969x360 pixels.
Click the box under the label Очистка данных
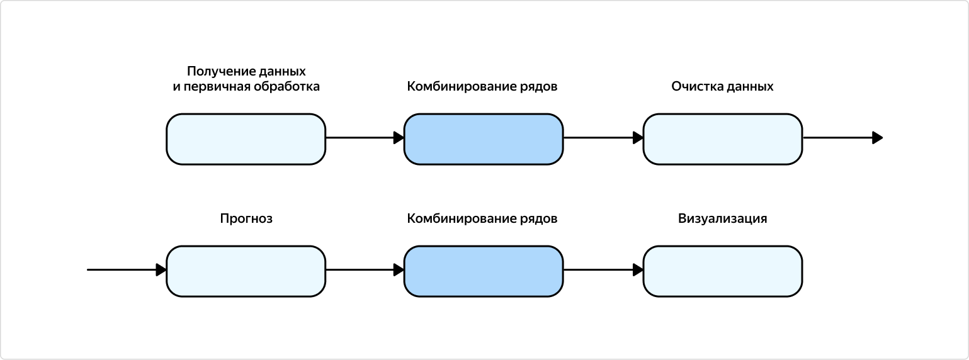722,139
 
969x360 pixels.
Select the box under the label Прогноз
246,271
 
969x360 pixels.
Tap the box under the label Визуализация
722,271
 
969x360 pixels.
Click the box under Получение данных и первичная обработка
246,139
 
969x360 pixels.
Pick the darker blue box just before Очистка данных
483,139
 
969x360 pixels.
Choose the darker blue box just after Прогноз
483,271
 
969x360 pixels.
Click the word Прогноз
246,219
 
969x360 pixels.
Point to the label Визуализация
722,219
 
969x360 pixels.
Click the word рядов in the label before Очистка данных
539,87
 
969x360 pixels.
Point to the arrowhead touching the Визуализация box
638,270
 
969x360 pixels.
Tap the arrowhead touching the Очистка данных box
638,138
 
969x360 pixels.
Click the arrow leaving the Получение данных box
364,138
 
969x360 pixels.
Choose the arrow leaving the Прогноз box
364,270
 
